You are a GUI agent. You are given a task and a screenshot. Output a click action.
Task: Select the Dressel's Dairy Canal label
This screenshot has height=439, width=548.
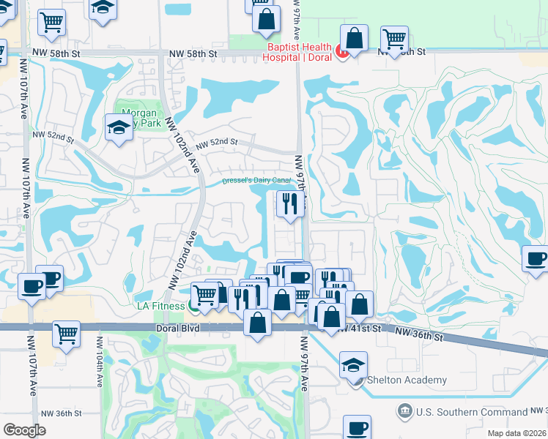[256, 180]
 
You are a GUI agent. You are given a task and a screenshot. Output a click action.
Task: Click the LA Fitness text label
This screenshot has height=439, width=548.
[160, 305]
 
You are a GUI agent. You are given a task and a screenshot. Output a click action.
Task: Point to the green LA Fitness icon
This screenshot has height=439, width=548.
[194, 304]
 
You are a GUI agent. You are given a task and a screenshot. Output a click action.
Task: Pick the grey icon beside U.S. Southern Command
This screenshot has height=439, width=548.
[404, 411]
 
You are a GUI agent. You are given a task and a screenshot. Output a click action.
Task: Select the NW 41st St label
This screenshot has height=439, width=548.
[360, 330]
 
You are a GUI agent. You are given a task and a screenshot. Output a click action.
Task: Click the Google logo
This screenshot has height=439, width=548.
[25, 430]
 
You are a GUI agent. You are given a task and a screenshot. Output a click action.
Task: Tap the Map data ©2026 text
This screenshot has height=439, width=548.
[516, 433]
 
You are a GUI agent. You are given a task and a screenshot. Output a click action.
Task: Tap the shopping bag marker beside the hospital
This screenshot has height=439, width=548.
[355, 40]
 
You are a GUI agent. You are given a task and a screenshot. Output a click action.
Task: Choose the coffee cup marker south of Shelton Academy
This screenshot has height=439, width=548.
[357, 429]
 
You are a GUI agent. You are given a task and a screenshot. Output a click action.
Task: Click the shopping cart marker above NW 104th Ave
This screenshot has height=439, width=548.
[67, 334]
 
